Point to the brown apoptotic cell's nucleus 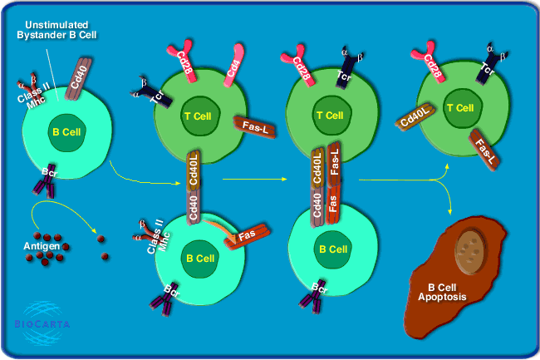coord(469,245)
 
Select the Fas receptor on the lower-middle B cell coord(246,237)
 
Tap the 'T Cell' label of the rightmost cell coord(460,108)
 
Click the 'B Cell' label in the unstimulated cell coord(66,132)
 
